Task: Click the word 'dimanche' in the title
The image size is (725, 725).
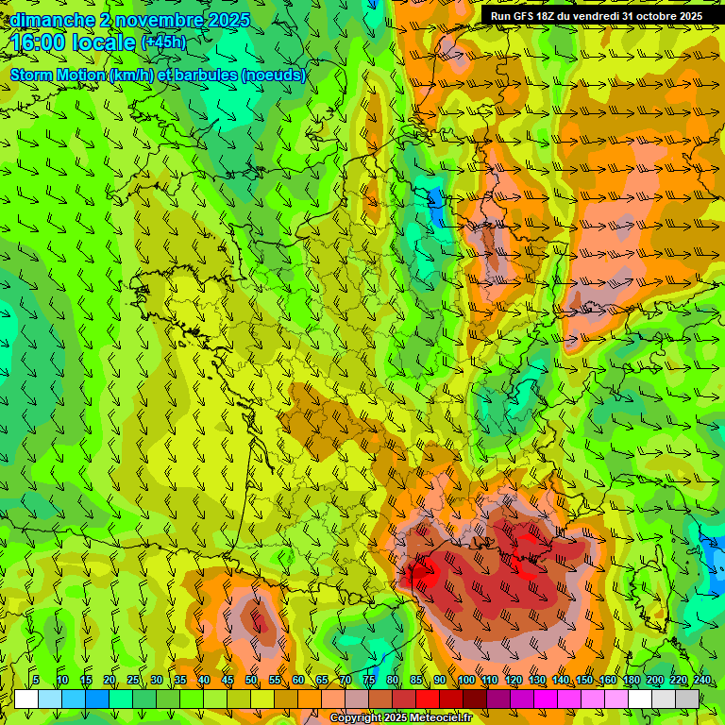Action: [52, 19]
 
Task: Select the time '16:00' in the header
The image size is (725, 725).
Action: [42, 42]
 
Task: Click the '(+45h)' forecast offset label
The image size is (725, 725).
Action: [163, 42]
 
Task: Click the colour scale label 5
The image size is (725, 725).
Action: [36, 680]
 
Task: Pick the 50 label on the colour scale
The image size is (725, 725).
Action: [250, 680]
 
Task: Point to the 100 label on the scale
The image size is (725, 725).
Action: [466, 680]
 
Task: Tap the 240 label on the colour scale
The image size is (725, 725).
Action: [702, 680]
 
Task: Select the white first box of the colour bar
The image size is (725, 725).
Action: [26, 699]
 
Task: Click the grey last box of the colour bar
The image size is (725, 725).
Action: [687, 699]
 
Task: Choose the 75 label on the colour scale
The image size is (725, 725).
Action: [369, 680]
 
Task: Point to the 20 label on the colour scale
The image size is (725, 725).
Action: [110, 680]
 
